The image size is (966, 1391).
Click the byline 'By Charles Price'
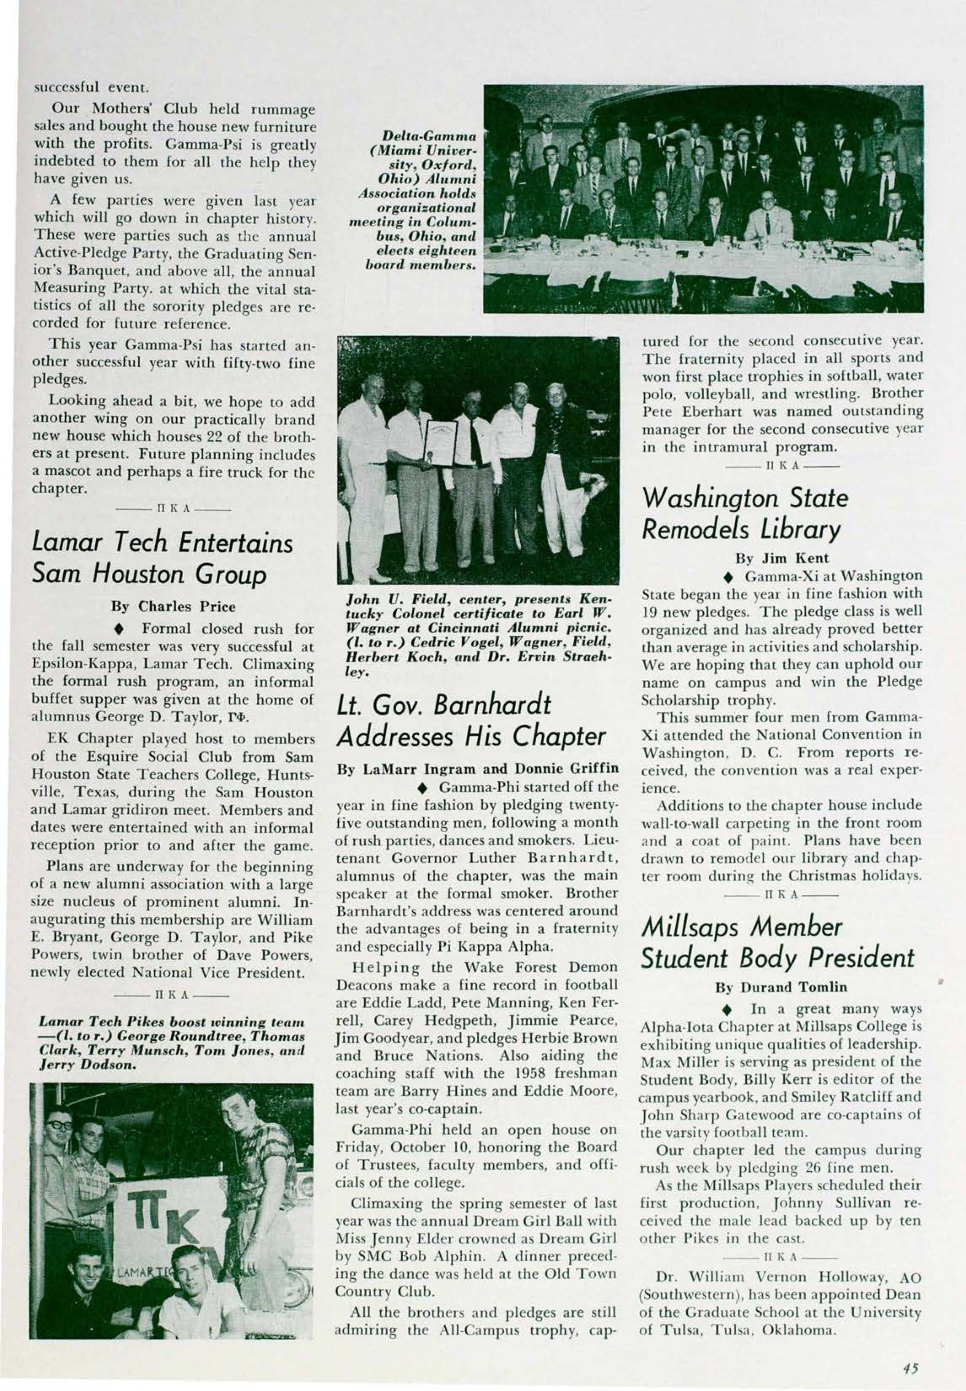tap(174, 606)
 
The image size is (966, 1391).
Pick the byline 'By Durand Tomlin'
tap(781, 987)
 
